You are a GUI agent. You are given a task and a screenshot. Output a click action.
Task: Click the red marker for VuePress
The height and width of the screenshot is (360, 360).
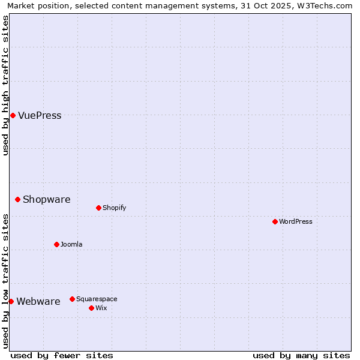[x=13, y=115]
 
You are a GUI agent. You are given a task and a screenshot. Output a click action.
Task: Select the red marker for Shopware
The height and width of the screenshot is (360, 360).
[x=17, y=199]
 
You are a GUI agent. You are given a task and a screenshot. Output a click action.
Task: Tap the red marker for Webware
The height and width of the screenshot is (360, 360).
[x=11, y=301]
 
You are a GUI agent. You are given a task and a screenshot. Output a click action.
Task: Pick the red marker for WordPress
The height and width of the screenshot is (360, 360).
[x=275, y=221]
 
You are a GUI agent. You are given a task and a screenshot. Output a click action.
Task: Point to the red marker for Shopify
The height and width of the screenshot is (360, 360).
[x=98, y=208]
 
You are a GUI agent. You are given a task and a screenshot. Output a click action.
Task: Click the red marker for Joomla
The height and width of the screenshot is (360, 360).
[x=56, y=244]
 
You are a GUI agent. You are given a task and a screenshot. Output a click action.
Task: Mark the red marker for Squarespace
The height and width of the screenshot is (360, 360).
[x=72, y=299]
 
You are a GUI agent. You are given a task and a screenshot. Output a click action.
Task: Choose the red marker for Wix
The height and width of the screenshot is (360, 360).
[x=91, y=308]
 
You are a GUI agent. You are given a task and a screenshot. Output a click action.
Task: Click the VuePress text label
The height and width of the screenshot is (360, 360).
[x=40, y=116]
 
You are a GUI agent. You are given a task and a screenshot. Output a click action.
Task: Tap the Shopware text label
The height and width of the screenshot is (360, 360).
[x=46, y=200]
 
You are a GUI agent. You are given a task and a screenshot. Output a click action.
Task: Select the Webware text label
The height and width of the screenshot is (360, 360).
[x=38, y=302]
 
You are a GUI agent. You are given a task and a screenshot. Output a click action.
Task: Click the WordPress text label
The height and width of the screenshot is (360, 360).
[x=296, y=222]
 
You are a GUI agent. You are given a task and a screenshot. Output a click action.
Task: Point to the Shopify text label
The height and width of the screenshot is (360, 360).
[x=114, y=208]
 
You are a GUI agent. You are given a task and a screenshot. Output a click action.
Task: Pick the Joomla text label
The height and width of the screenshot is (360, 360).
[x=71, y=245]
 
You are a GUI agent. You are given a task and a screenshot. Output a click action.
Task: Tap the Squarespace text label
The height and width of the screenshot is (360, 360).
[x=97, y=299]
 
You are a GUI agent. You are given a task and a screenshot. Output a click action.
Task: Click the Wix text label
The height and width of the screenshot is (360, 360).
[x=101, y=308]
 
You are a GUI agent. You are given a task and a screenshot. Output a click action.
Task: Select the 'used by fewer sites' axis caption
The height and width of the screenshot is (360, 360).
[x=62, y=355]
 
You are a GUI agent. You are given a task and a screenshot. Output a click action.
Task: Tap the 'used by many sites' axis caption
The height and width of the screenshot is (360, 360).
[x=301, y=355]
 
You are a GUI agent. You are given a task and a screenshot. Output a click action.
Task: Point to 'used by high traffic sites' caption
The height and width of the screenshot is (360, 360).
[x=5, y=86]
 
